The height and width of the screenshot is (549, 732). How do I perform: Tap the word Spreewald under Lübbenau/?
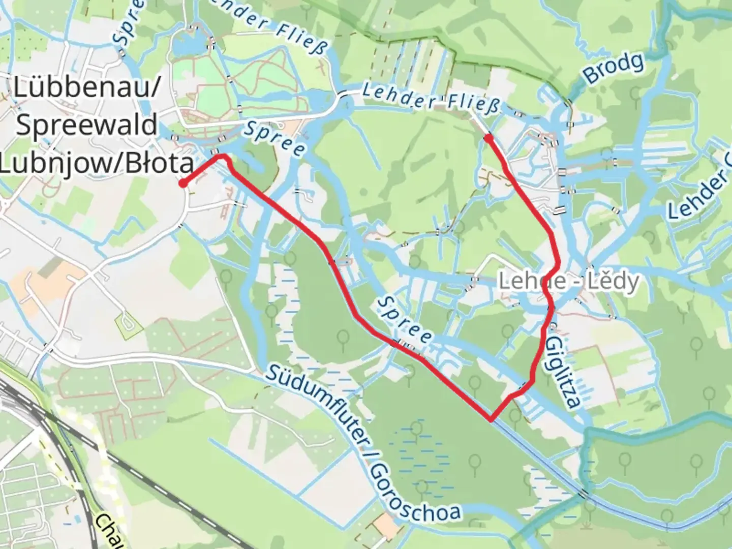click(86, 125)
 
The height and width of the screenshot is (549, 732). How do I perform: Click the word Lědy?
click(615, 281)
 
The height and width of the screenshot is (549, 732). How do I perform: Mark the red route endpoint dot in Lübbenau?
click(182, 184)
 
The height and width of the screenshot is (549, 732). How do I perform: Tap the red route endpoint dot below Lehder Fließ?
click(488, 138)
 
